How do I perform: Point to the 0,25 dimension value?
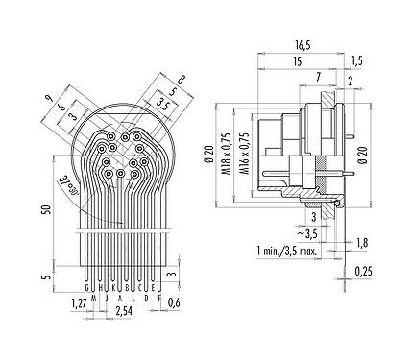(364, 273)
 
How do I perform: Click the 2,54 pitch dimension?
(122, 311)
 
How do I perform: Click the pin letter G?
(88, 286)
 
